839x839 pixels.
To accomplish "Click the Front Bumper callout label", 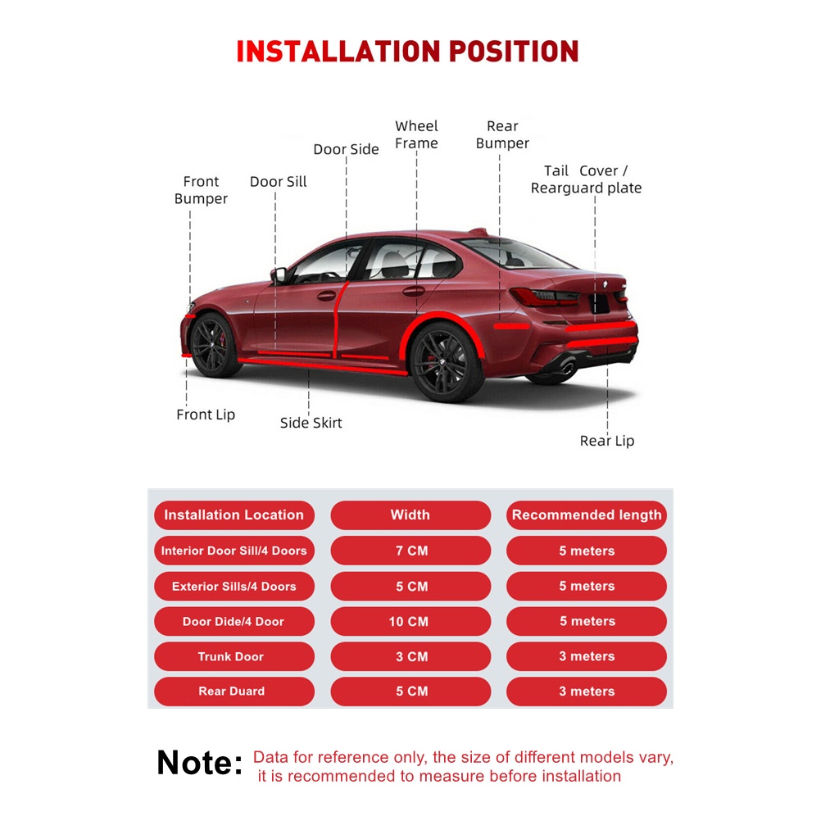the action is point(201,190).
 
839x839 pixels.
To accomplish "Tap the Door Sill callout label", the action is point(279,182).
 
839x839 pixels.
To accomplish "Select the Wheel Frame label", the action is point(416,135).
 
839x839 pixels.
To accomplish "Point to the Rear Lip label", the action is point(607,441).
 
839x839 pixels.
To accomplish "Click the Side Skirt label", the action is point(311,423).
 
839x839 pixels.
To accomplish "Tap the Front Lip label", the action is point(206,415).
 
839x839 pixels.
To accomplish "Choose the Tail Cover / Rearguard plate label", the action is point(586,179).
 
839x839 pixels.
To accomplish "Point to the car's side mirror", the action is point(279,275).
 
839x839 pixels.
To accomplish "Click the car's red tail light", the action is point(541,297).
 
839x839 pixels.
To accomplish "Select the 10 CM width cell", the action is point(410,622).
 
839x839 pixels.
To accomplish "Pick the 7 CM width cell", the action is point(410,551).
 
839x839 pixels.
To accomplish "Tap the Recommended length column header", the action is point(587,515).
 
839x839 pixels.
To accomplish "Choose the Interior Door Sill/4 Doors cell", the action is point(234,551).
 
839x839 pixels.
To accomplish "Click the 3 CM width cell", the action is point(410,656).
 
